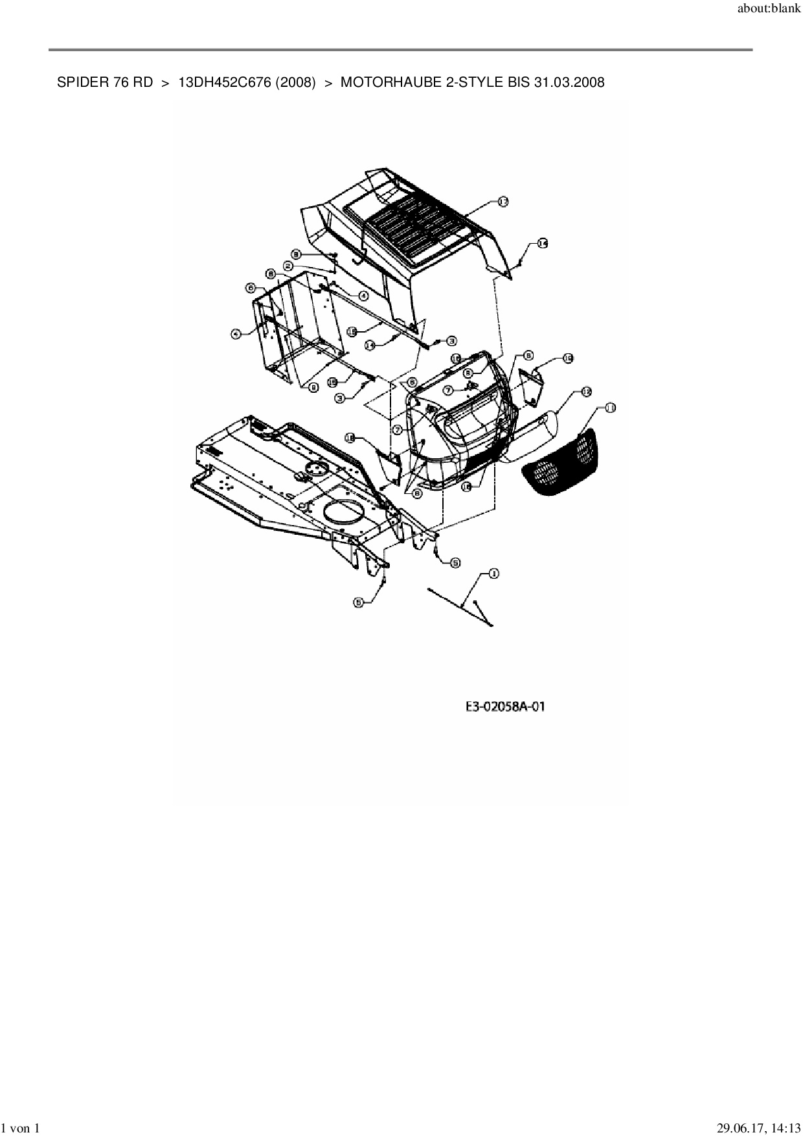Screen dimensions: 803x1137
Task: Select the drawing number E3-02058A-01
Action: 505,706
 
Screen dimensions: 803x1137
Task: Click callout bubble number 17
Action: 503,202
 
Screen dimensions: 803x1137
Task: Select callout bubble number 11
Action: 609,408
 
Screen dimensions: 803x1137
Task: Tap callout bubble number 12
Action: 586,392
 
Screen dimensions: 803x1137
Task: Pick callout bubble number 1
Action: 493,573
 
